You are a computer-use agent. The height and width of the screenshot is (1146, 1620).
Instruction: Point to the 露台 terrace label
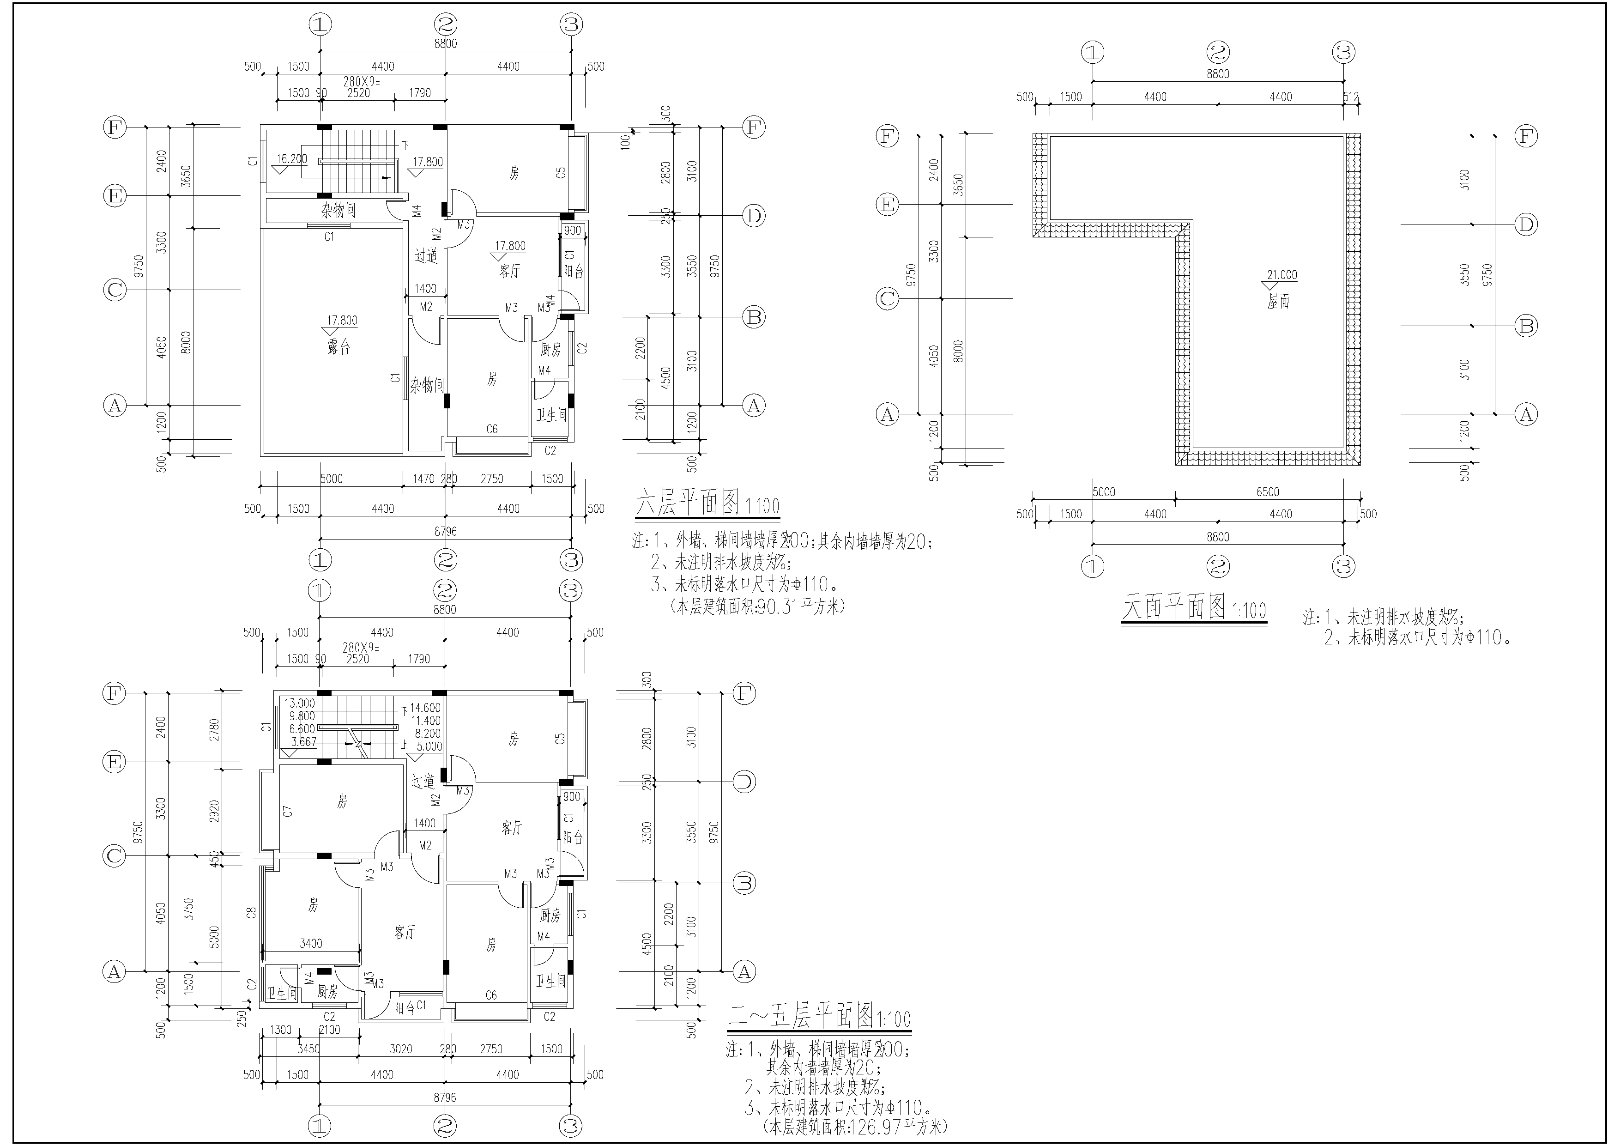[339, 347]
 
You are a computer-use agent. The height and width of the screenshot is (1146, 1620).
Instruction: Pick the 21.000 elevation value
[1282, 275]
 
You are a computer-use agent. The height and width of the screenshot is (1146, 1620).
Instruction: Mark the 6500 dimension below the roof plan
[1267, 492]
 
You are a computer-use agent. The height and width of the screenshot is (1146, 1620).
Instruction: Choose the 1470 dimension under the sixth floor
[423, 479]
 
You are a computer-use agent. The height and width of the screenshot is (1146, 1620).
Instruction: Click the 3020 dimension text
[401, 1049]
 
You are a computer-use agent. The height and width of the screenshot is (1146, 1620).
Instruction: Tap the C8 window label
[251, 914]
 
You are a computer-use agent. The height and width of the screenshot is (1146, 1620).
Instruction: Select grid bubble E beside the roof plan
[887, 206]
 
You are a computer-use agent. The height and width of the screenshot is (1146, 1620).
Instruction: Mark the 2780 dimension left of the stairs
[214, 729]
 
